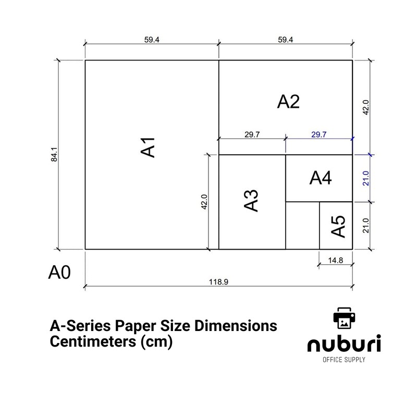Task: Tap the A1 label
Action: (x=149, y=147)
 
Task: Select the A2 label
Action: (x=288, y=102)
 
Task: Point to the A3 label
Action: (x=251, y=201)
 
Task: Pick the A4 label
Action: (x=320, y=178)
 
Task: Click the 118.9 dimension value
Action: (x=219, y=281)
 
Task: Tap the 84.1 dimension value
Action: (x=54, y=154)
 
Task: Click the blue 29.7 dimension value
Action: (x=318, y=134)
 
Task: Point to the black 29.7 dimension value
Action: (x=252, y=134)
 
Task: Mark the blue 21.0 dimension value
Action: (x=366, y=178)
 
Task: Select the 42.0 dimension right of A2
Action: (x=366, y=107)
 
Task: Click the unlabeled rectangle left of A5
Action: (x=302, y=226)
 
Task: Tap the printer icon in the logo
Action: (x=344, y=317)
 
